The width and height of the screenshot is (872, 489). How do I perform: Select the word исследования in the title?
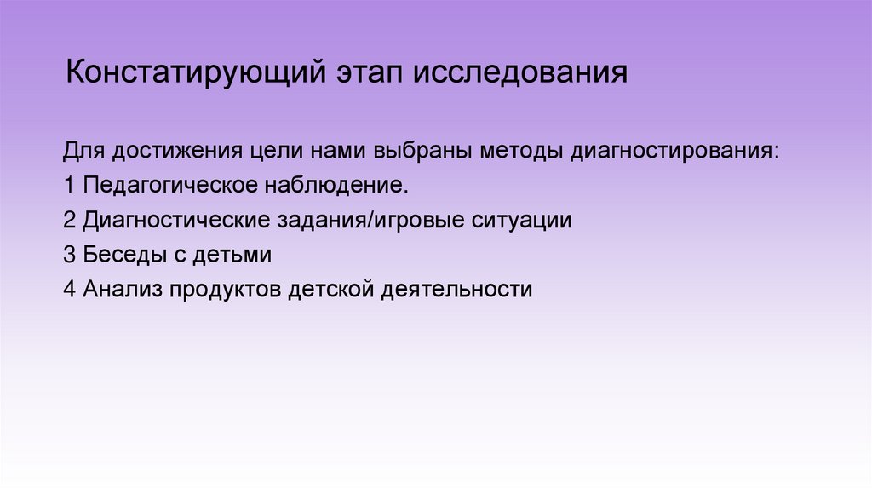(x=521, y=73)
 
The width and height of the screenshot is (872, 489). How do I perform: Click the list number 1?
(x=68, y=185)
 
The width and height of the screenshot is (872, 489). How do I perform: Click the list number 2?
(x=69, y=220)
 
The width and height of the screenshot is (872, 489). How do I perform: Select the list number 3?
(x=69, y=254)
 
